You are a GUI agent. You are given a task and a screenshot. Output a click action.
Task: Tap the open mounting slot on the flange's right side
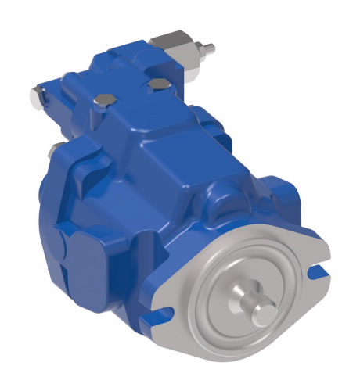319,273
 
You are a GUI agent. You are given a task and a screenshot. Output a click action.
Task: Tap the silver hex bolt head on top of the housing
104,101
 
